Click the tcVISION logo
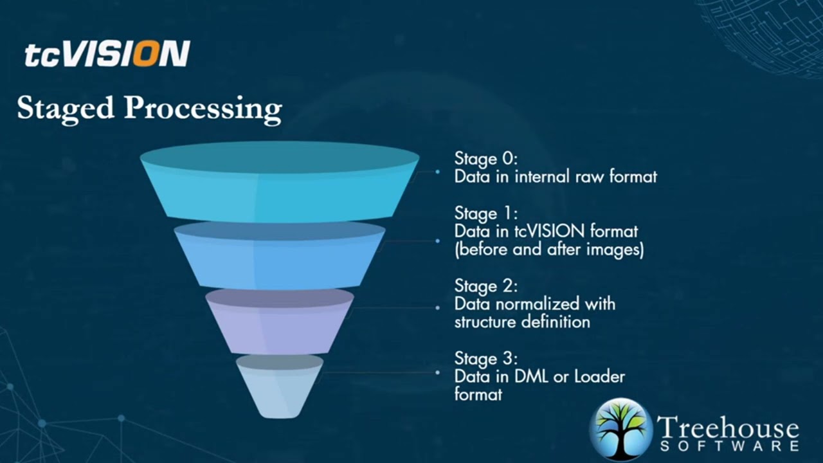point(107,54)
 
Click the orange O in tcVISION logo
point(146,54)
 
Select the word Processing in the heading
point(203,108)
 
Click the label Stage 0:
point(485,158)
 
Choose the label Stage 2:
point(485,285)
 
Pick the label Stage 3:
point(485,358)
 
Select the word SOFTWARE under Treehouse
point(729,446)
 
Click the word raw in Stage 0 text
point(582,176)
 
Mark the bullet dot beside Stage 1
point(438,241)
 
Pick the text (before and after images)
point(548,250)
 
